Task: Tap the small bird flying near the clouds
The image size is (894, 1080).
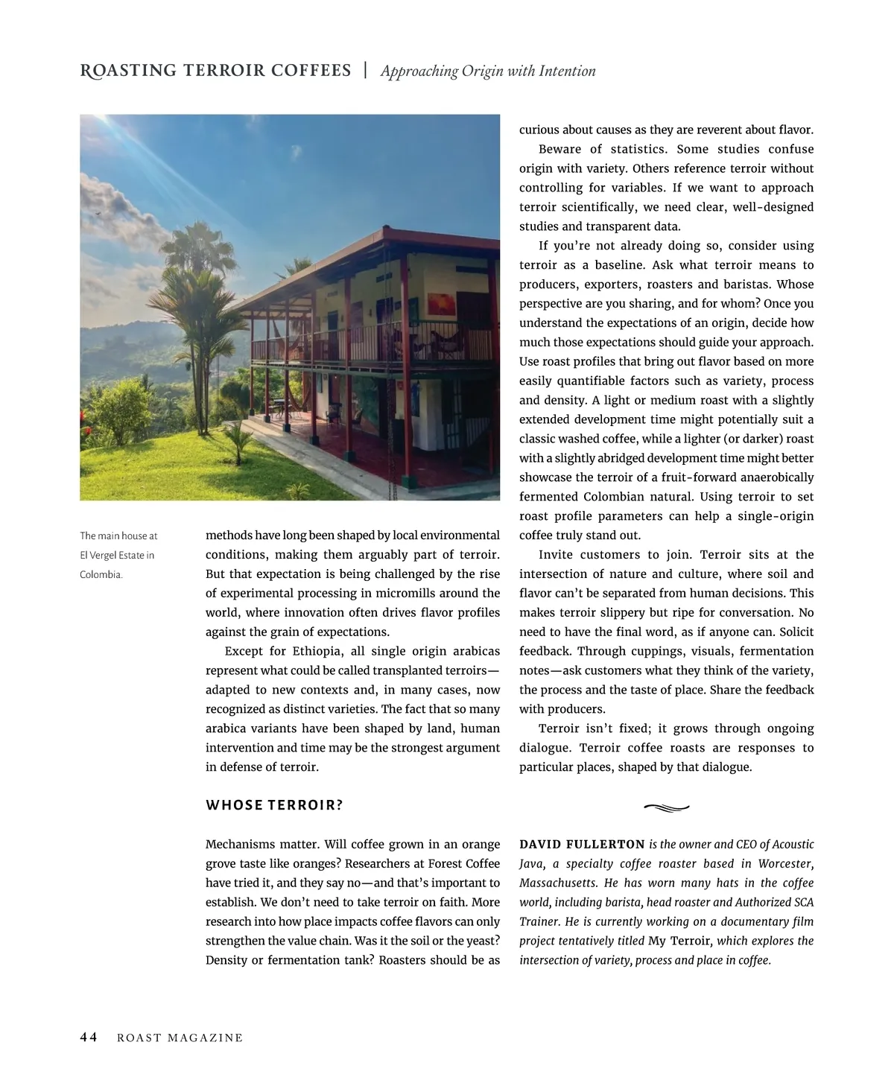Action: (x=97, y=212)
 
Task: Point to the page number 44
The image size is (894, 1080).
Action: (x=89, y=1038)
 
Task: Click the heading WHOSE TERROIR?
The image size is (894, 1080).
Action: (x=274, y=805)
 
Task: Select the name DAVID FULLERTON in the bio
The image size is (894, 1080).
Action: (x=582, y=845)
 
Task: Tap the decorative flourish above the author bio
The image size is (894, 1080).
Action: (x=666, y=807)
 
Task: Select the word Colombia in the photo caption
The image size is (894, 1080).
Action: (x=101, y=574)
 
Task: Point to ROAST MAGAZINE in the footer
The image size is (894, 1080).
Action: (x=180, y=1038)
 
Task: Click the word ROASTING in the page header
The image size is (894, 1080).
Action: (x=128, y=71)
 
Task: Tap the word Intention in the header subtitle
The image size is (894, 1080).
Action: (x=567, y=72)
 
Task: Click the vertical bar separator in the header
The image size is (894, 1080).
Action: (x=365, y=71)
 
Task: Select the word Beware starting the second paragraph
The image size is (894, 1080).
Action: (x=559, y=149)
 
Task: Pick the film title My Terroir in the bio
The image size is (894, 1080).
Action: (x=679, y=941)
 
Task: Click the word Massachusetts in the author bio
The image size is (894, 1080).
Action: (x=558, y=883)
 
